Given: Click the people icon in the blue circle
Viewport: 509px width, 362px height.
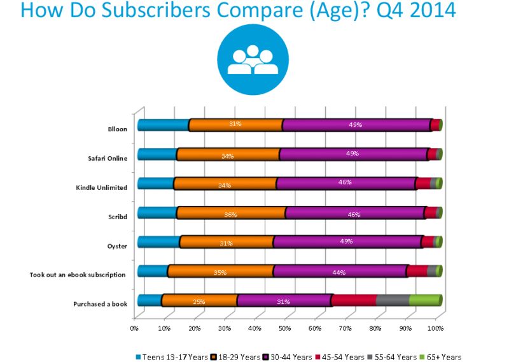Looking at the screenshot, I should (x=252, y=59).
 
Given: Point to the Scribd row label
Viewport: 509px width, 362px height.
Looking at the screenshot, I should (x=117, y=217).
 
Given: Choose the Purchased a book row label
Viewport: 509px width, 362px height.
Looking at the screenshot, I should (x=101, y=303).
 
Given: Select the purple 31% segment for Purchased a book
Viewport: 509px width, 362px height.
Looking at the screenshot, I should (x=284, y=301).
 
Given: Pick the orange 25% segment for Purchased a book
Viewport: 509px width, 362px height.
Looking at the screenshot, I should (x=199, y=301).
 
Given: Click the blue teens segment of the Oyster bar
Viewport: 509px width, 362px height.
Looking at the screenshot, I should (x=159, y=242).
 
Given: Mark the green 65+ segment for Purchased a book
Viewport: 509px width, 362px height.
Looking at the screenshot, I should (x=424, y=300).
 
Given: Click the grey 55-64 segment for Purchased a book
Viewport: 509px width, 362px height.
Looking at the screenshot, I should (x=393, y=300).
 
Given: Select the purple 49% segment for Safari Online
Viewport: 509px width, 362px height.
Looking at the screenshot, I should (x=352, y=154).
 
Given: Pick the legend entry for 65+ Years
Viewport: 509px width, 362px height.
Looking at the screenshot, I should (x=439, y=357).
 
